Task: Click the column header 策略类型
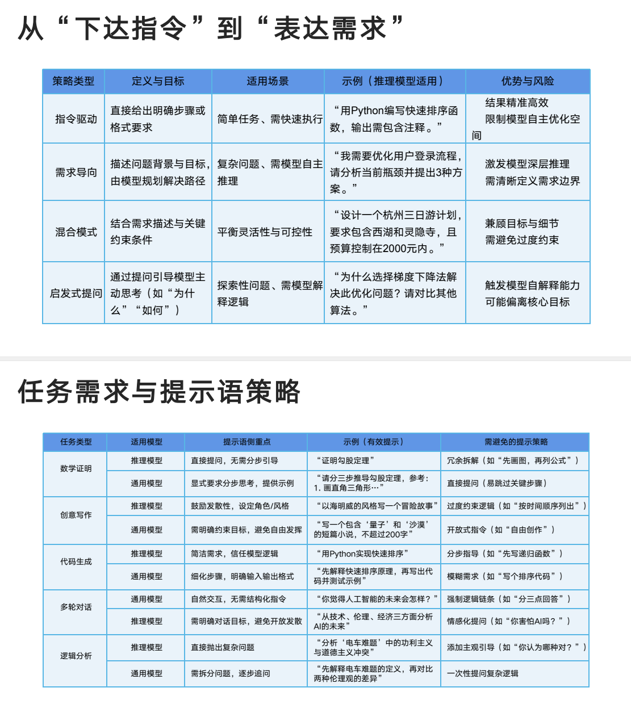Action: (x=73, y=81)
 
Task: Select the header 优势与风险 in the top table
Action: (x=528, y=81)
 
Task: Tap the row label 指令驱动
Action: (x=76, y=119)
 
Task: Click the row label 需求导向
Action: (x=76, y=173)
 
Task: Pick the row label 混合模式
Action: (x=76, y=232)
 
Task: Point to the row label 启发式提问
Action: (x=76, y=293)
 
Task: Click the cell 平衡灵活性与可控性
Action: (x=265, y=232)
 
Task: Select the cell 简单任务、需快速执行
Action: (x=270, y=119)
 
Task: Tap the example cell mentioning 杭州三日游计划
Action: (x=395, y=232)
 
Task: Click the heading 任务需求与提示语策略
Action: (x=159, y=392)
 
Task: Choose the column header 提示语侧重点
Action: (x=246, y=442)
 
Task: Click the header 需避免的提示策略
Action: (x=516, y=442)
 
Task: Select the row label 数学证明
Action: (x=76, y=469)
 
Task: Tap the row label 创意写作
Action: (x=76, y=515)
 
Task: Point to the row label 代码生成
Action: (x=76, y=562)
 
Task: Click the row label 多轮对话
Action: (x=76, y=607)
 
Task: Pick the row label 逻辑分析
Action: (x=76, y=656)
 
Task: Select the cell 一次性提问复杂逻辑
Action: (x=483, y=674)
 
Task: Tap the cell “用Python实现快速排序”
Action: (x=361, y=554)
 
